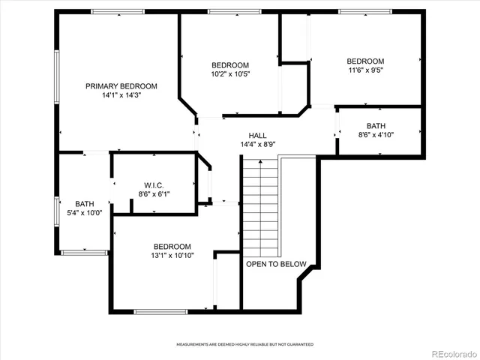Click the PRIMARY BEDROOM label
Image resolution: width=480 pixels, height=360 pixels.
(121, 86)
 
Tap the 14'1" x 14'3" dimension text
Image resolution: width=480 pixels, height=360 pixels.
(121, 96)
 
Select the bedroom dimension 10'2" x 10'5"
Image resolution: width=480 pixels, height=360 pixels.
(229, 74)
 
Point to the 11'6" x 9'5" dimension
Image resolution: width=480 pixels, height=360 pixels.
(365, 71)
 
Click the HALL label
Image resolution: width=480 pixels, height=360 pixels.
(258, 136)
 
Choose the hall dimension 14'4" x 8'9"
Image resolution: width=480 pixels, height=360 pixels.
(258, 145)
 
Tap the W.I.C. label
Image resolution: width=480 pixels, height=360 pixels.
(154, 185)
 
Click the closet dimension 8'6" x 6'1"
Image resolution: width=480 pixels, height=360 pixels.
(154, 194)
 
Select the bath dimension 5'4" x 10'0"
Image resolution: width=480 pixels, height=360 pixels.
(84, 213)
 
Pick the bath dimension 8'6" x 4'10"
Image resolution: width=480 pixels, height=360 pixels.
(377, 135)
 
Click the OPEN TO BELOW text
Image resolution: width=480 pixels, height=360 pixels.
(276, 264)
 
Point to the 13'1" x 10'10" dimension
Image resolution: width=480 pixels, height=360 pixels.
(172, 256)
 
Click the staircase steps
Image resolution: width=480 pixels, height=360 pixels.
(260, 206)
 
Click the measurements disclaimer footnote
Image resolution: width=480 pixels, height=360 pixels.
(245, 344)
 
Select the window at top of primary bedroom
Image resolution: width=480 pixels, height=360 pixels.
(117, 12)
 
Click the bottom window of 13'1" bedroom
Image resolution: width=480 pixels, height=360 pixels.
(160, 310)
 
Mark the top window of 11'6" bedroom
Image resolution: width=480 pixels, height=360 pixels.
(364, 12)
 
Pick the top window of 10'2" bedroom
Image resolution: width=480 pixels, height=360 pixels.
(229, 12)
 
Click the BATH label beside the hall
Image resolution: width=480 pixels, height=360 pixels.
(376, 126)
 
